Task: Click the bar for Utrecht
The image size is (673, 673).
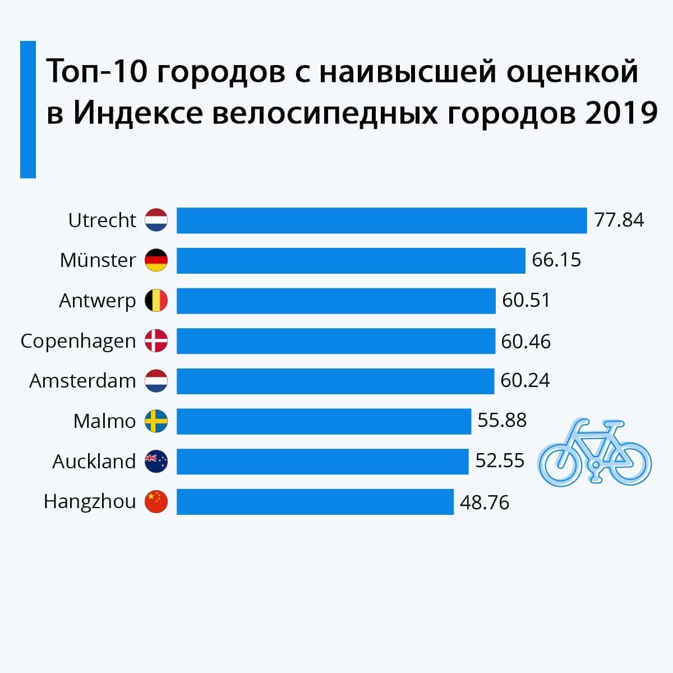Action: pos(381,220)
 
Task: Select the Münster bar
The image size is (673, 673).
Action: pos(351,261)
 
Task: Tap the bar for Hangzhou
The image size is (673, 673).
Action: pos(315,501)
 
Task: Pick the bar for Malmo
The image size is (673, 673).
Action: pos(324,421)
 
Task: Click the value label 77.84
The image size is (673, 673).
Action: pos(619,220)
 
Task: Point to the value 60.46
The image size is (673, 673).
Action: pos(526,341)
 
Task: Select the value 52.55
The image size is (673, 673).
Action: pos(500,461)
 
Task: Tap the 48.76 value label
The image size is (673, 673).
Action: pos(485,502)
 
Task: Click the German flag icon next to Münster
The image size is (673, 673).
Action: pos(156,261)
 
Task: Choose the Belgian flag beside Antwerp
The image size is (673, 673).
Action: pos(156,301)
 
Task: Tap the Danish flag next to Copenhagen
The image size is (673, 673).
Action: pos(156,341)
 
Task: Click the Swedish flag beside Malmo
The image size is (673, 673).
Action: pos(156,421)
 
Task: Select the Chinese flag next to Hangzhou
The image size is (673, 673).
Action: pos(156,501)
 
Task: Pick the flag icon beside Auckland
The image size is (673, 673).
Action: pos(156,461)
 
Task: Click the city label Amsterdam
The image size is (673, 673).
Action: pos(82,381)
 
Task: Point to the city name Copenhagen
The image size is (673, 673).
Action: pos(78,342)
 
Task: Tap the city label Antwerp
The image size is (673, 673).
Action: pos(97,301)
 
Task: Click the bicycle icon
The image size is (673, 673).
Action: pos(594,451)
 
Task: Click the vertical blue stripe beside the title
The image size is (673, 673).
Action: pos(28,109)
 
